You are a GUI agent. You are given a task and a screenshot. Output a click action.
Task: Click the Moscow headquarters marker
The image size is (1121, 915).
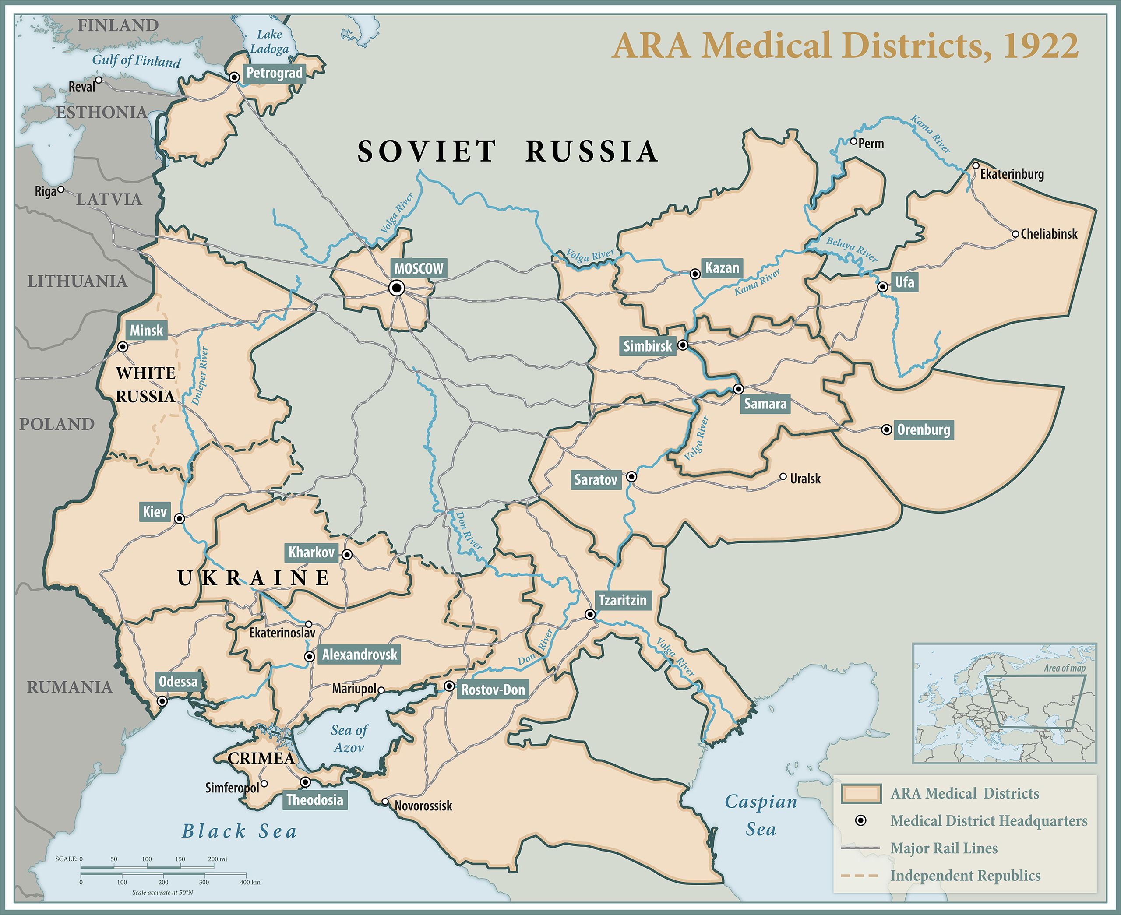[x=397, y=288]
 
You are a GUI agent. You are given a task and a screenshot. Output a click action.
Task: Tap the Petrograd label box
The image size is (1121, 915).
[x=274, y=73]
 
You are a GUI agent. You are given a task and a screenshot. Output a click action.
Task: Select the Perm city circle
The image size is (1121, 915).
[x=853, y=141]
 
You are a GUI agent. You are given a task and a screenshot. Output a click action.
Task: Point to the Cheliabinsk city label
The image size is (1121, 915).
[x=1049, y=234]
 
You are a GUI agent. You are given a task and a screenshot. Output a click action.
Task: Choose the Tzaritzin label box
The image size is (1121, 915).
[x=622, y=600]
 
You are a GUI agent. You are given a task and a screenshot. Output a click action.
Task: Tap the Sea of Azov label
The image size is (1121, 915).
[x=349, y=739]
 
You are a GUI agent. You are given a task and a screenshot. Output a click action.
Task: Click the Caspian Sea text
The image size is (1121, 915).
[x=761, y=815]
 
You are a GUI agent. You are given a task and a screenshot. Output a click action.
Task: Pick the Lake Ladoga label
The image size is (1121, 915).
[x=269, y=42]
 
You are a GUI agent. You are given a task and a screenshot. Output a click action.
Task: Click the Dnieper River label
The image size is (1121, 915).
[x=200, y=376]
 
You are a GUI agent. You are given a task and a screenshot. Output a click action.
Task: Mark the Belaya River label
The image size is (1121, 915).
[x=851, y=249]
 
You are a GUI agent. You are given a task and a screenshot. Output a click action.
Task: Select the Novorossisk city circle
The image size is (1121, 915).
[x=385, y=802]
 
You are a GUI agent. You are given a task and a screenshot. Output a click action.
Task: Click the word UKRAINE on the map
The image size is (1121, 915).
[x=254, y=578]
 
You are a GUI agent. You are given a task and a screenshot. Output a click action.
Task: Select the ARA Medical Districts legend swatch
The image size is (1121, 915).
[x=860, y=794]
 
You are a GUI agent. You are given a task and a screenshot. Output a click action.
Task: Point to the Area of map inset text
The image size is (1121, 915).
[x=1065, y=668]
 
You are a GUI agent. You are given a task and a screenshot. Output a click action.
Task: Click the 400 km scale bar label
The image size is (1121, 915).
[x=250, y=882]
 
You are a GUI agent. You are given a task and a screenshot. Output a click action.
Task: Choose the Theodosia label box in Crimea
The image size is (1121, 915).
[x=315, y=799]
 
